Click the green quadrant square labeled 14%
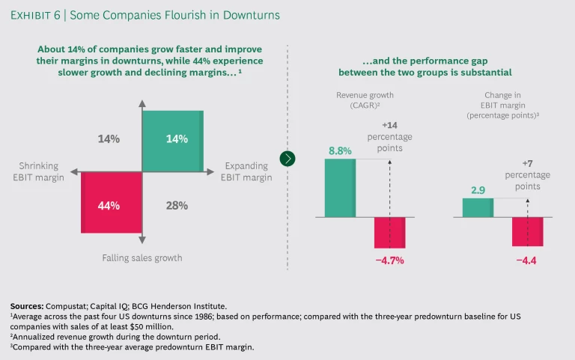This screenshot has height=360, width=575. [x=171, y=140]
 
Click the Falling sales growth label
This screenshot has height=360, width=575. [x=142, y=258]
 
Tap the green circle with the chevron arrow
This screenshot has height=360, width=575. [x=287, y=158]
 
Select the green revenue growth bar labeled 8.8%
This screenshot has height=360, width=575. [x=340, y=188]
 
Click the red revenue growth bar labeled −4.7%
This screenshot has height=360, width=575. [x=389, y=233]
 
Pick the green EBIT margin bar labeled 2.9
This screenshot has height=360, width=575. [x=478, y=208]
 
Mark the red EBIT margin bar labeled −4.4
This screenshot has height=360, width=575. [x=527, y=231]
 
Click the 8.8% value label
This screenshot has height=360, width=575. [x=340, y=151]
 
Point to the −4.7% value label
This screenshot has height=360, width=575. [x=389, y=260]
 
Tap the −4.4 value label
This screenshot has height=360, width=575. [x=528, y=259]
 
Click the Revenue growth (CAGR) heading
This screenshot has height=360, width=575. [x=365, y=100]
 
